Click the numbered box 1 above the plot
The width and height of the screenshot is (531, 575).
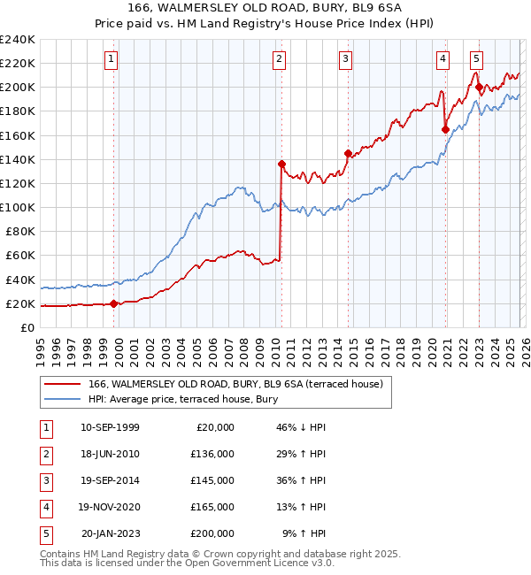click(112, 59)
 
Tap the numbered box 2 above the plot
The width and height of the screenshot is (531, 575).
click(279, 59)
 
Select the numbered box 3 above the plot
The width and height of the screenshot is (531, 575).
click(345, 59)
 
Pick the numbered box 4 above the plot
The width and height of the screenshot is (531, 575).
click(442, 59)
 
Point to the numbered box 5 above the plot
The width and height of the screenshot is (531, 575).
click(476, 59)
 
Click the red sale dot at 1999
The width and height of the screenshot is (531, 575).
click(114, 303)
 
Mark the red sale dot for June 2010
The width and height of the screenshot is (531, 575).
click(281, 164)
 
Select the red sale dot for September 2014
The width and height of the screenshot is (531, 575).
click(348, 153)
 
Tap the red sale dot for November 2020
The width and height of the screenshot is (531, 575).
click(445, 129)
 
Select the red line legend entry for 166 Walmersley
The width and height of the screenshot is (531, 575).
click(235, 384)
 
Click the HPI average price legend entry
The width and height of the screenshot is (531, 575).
click(183, 400)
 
